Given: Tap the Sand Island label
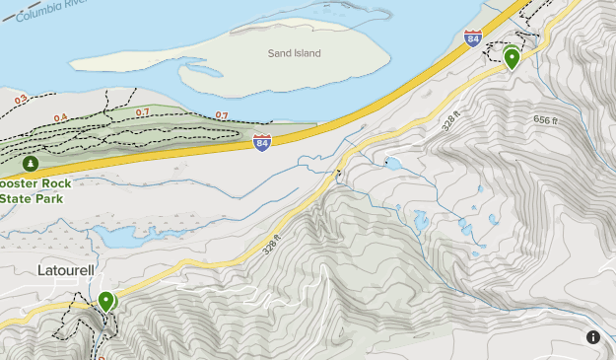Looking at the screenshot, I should (x=295, y=53).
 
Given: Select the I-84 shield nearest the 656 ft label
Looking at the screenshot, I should (x=474, y=39).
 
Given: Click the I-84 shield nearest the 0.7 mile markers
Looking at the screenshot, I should (x=261, y=144).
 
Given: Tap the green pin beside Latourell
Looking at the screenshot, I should (x=105, y=301).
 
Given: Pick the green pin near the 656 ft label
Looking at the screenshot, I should (x=512, y=59).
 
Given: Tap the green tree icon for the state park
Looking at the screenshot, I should (x=31, y=163).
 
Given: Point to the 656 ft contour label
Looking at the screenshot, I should (x=544, y=120).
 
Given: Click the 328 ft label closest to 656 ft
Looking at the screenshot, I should (x=452, y=125).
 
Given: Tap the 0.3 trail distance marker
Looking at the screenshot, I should (x=21, y=100).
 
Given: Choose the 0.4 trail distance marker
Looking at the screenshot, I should (x=61, y=118).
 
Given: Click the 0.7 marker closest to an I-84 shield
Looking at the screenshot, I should (x=222, y=116).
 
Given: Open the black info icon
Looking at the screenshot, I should (x=593, y=337).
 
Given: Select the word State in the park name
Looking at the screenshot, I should (x=17, y=198).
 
